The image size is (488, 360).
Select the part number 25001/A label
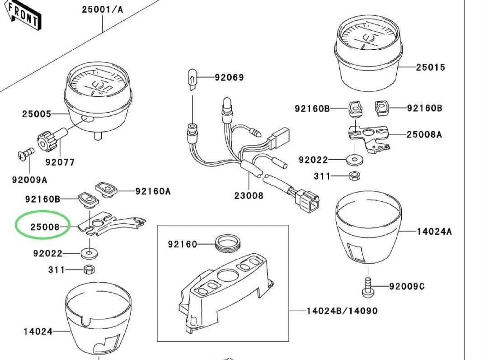click(102, 9)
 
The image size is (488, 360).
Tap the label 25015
click(430, 67)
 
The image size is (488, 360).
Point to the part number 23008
click(249, 196)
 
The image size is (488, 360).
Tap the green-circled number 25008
click(45, 227)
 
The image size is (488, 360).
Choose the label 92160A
click(153, 191)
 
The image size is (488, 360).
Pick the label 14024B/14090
click(342, 311)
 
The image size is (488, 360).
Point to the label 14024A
click(434, 232)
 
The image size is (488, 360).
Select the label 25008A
click(424, 134)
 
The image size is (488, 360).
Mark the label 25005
click(37, 114)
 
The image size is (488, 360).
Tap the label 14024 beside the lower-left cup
click(38, 332)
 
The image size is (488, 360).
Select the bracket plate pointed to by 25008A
click(368, 134)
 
